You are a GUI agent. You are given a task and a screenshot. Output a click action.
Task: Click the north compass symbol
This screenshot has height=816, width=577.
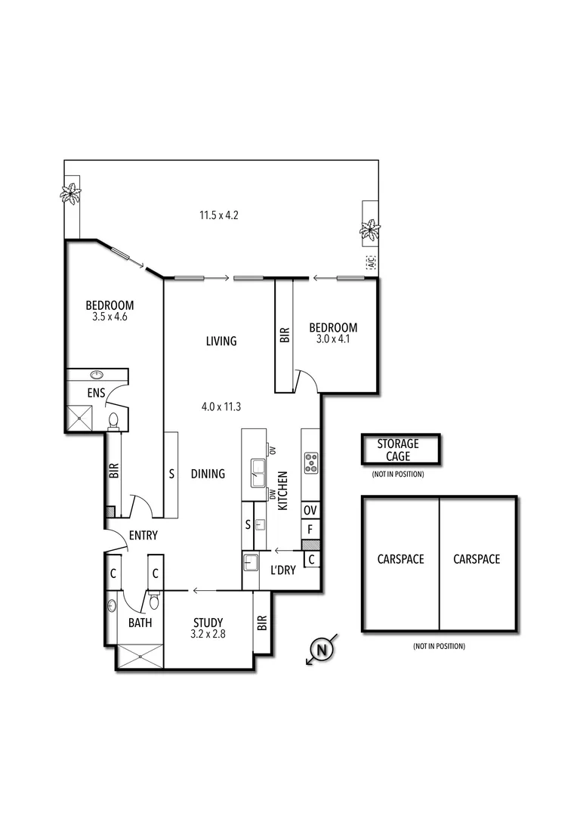(x=322, y=649)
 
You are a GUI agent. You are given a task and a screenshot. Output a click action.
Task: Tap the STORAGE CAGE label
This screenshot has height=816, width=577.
(x=397, y=450)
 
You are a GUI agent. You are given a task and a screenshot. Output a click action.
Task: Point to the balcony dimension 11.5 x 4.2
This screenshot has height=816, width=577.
(x=219, y=215)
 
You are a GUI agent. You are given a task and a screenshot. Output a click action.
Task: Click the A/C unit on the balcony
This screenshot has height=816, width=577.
(x=370, y=262)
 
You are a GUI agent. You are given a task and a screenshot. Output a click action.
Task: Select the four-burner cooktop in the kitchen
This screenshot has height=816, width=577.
(x=311, y=462)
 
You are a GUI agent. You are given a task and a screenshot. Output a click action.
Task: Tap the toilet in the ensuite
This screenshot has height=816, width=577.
(x=114, y=420)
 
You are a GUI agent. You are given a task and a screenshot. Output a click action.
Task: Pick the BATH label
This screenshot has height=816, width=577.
(x=140, y=623)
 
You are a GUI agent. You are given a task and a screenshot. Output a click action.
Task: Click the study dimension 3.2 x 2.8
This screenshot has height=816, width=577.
(x=207, y=635)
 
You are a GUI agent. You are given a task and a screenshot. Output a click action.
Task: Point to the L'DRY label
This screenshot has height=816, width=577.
(x=282, y=570)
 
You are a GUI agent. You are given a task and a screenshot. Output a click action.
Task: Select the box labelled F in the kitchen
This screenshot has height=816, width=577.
(x=310, y=530)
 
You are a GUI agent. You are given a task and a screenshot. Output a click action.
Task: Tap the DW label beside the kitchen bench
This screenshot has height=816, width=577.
(x=273, y=495)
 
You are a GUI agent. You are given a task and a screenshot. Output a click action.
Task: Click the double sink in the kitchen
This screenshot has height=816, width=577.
(x=258, y=474)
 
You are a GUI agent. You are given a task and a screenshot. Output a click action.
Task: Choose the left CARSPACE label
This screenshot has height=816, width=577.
(x=400, y=560)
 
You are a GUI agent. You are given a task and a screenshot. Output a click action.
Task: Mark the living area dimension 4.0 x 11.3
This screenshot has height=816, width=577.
(x=221, y=406)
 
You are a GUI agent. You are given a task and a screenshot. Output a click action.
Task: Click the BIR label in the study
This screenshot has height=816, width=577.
(x=262, y=623)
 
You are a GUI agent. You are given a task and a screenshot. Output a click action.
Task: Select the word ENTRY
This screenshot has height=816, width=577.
(x=143, y=536)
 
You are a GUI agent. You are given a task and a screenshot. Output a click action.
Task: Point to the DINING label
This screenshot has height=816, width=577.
(x=208, y=474)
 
